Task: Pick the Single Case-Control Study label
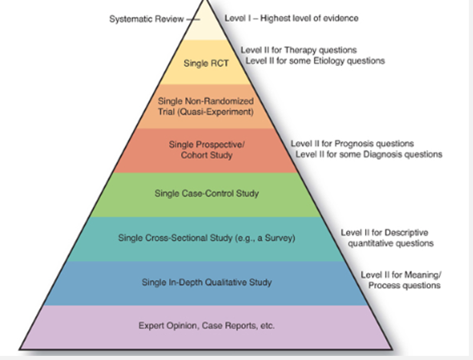(206, 193)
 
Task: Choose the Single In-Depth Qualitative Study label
(206, 283)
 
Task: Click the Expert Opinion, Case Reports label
(206, 325)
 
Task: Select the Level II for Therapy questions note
(298, 50)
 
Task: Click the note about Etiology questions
(315, 60)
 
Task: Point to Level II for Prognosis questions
(352, 143)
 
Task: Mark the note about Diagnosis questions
(369, 154)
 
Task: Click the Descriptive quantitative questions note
(387, 238)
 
